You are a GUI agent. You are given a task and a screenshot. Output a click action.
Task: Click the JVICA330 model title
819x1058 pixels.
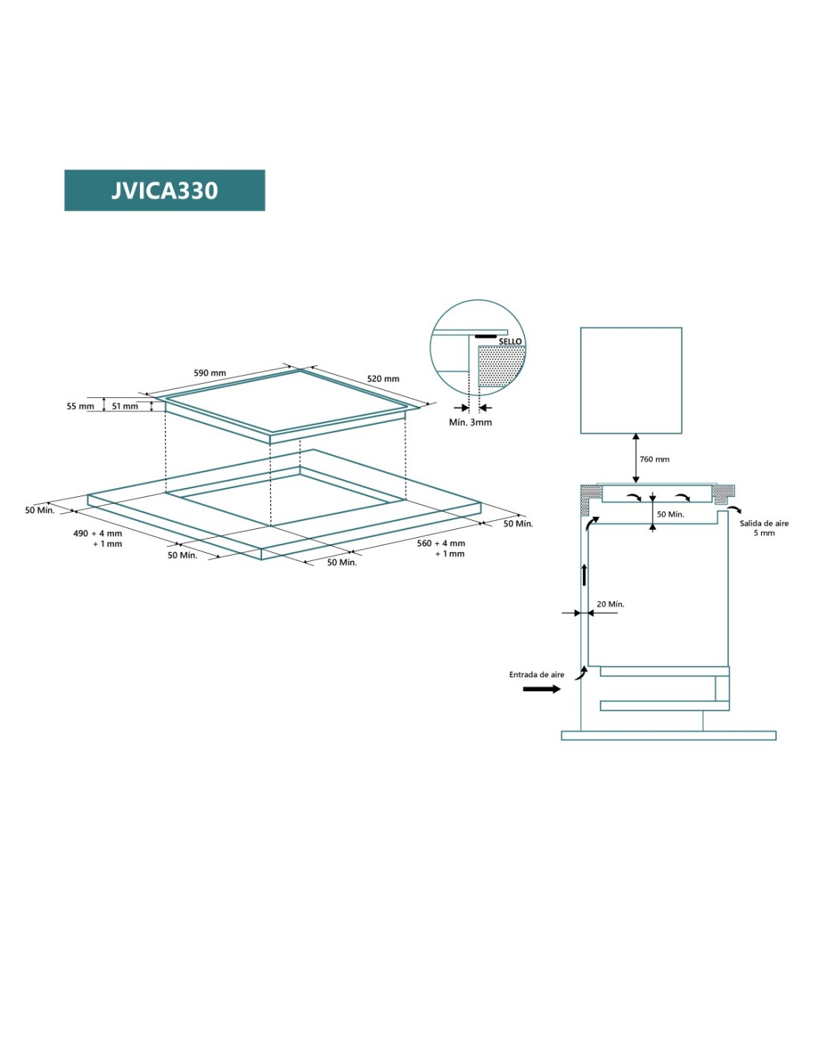coord(165,190)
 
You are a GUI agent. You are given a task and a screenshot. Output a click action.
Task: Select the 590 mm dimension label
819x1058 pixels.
coord(209,373)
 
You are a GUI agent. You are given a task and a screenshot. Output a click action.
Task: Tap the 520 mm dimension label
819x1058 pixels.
coord(383,379)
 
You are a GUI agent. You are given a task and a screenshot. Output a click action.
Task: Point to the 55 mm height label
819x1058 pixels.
coord(80,406)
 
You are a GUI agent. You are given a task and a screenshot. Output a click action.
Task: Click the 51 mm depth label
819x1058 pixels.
coord(125,406)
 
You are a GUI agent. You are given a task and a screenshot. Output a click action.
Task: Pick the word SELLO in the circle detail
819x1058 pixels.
coord(510,342)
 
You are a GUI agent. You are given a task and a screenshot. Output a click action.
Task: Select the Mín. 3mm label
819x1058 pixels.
coord(470,423)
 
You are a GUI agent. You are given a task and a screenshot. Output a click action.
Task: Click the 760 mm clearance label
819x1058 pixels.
coord(654,459)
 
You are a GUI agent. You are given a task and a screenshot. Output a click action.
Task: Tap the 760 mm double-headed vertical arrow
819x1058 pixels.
coord(636,458)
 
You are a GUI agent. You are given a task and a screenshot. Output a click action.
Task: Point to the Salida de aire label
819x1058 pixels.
coord(764,524)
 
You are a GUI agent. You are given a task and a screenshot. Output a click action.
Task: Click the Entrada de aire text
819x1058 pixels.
coord(536,675)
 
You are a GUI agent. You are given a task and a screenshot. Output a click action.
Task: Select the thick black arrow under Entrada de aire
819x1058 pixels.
coord(541,689)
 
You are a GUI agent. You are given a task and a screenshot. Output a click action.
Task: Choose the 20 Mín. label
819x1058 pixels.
coord(611,604)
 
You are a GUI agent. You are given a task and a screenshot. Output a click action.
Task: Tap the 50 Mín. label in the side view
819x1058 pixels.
coord(670,514)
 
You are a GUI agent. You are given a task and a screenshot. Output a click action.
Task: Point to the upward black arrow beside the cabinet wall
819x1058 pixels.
coord(584,574)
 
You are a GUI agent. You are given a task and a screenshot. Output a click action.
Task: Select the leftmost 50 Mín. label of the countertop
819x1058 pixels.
coord(39,510)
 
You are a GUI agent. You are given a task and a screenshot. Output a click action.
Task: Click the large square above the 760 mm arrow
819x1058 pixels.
coord(631,380)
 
